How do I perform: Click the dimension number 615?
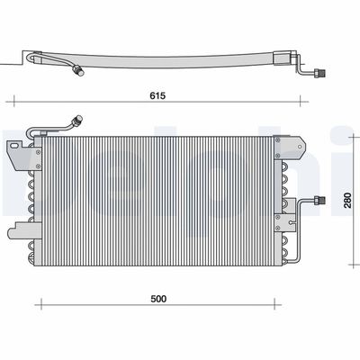coord(157,93)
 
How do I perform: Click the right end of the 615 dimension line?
coord(306,103)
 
